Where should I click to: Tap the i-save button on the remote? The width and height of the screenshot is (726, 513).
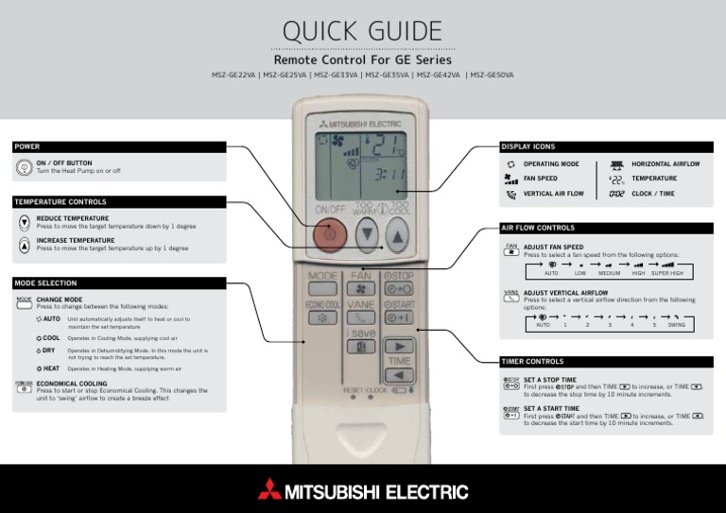(x=361, y=347)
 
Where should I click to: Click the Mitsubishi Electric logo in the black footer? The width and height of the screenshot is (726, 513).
(x=362, y=491)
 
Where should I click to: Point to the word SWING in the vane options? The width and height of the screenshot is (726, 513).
(x=676, y=324)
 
